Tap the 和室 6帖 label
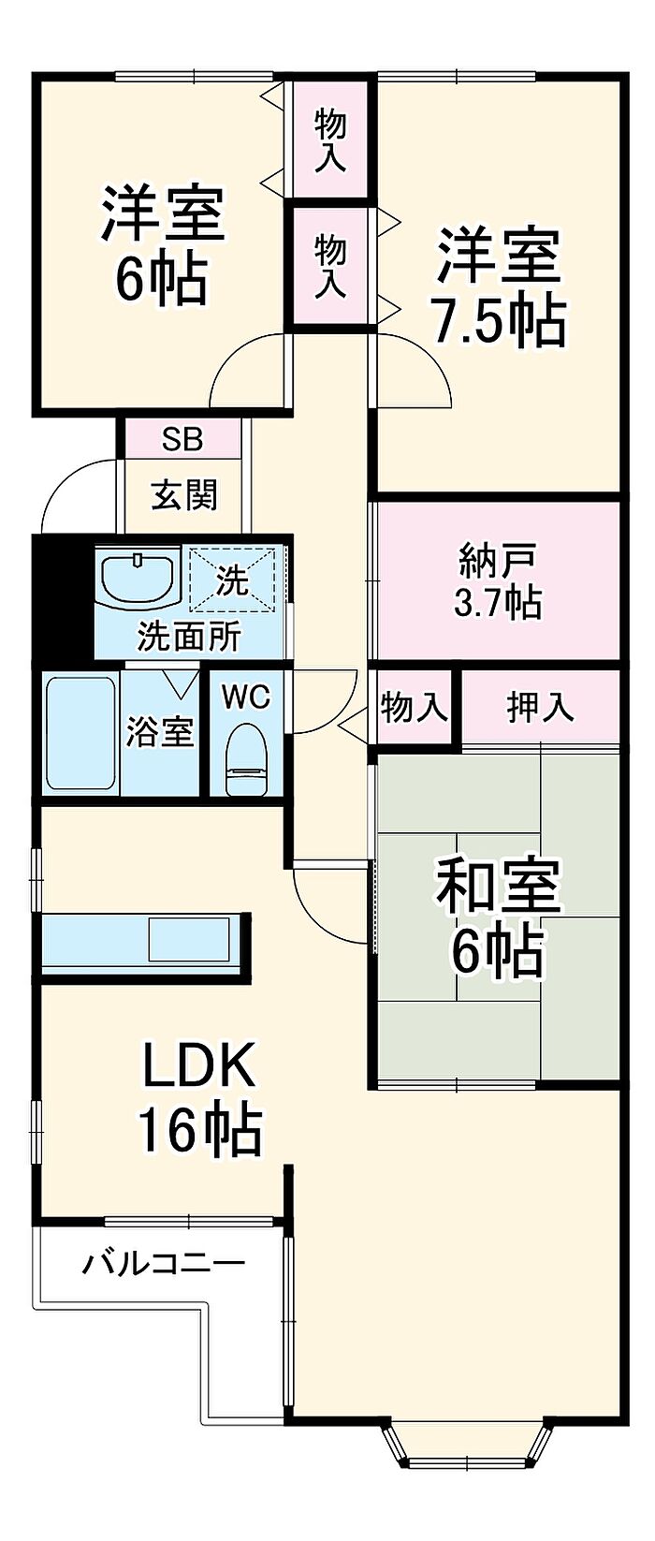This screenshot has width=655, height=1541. (498, 917)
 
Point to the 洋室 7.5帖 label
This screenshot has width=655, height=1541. (498, 286)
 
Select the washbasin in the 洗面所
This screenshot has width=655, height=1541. (138, 578)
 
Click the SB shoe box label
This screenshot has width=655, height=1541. (182, 439)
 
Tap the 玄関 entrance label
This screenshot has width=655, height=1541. (184, 494)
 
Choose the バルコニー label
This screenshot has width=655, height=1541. (164, 1265)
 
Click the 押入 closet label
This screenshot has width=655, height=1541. (540, 707)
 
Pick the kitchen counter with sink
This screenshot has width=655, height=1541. (145, 946)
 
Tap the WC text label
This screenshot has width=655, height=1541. (245, 697)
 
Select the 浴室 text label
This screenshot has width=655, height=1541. (160, 731)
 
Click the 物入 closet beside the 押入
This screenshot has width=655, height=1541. (413, 707)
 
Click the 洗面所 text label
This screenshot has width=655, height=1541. (189, 636)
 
